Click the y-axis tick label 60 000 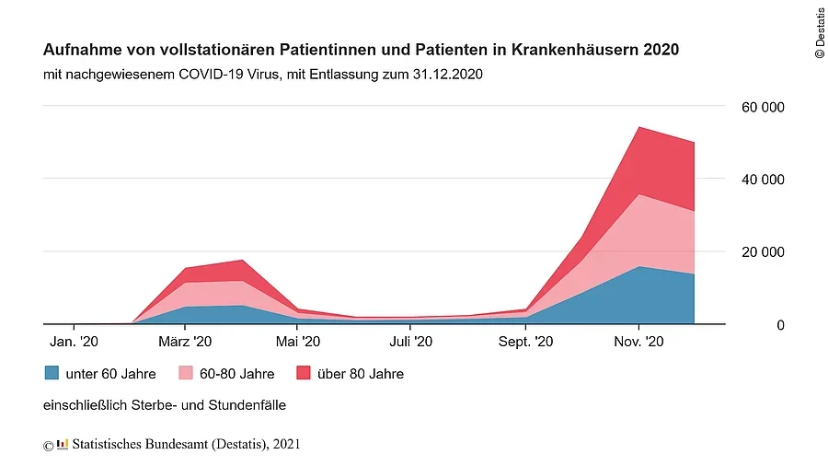(763, 108)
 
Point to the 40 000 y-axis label (763, 180)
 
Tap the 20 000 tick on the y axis (763, 251)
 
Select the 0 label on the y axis (780, 324)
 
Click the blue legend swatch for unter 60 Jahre (52, 373)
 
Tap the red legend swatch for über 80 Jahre (305, 373)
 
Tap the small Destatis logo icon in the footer (63, 445)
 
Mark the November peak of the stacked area (638, 127)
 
